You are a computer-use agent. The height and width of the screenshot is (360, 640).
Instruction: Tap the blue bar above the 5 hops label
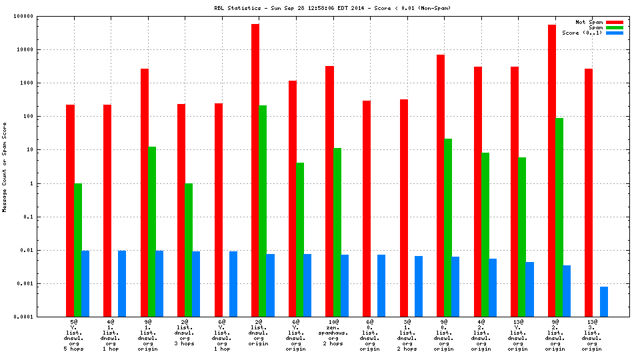pyautogui.click(x=85, y=283)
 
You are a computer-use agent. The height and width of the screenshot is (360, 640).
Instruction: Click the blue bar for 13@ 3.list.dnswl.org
pyautogui.click(x=604, y=301)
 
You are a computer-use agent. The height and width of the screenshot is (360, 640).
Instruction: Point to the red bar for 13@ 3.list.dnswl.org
pyautogui.click(x=589, y=193)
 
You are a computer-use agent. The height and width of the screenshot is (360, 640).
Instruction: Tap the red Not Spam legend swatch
pyautogui.click(x=614, y=22)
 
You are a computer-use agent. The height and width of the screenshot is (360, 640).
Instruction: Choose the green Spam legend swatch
pyautogui.click(x=614, y=27)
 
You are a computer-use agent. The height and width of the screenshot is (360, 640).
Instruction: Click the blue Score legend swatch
pyautogui.click(x=614, y=33)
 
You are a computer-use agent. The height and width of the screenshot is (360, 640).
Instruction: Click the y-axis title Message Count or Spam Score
pyautogui.click(x=5, y=167)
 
